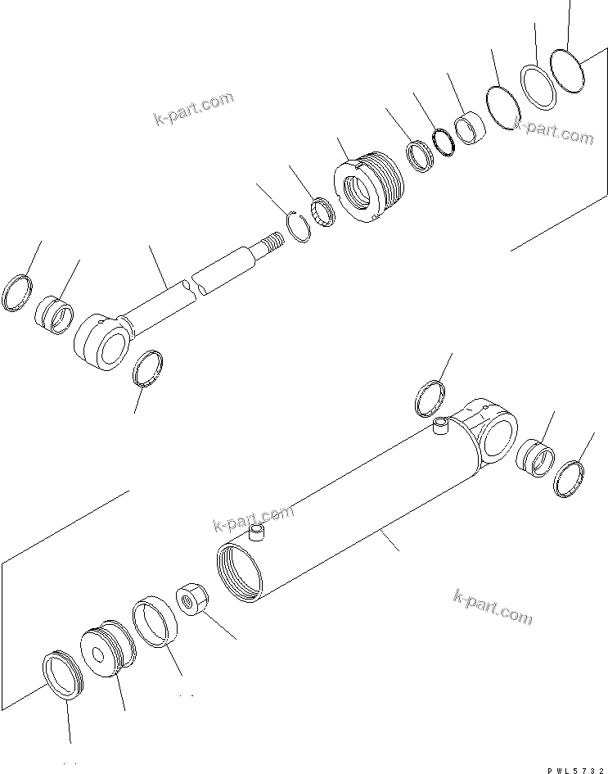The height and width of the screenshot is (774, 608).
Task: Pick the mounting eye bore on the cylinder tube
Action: [x=497, y=434]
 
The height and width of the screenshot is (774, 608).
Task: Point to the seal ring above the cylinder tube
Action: [x=430, y=399]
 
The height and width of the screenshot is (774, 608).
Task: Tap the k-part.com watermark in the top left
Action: [x=193, y=111]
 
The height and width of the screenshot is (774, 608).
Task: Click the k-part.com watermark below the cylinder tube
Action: [x=492, y=606]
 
